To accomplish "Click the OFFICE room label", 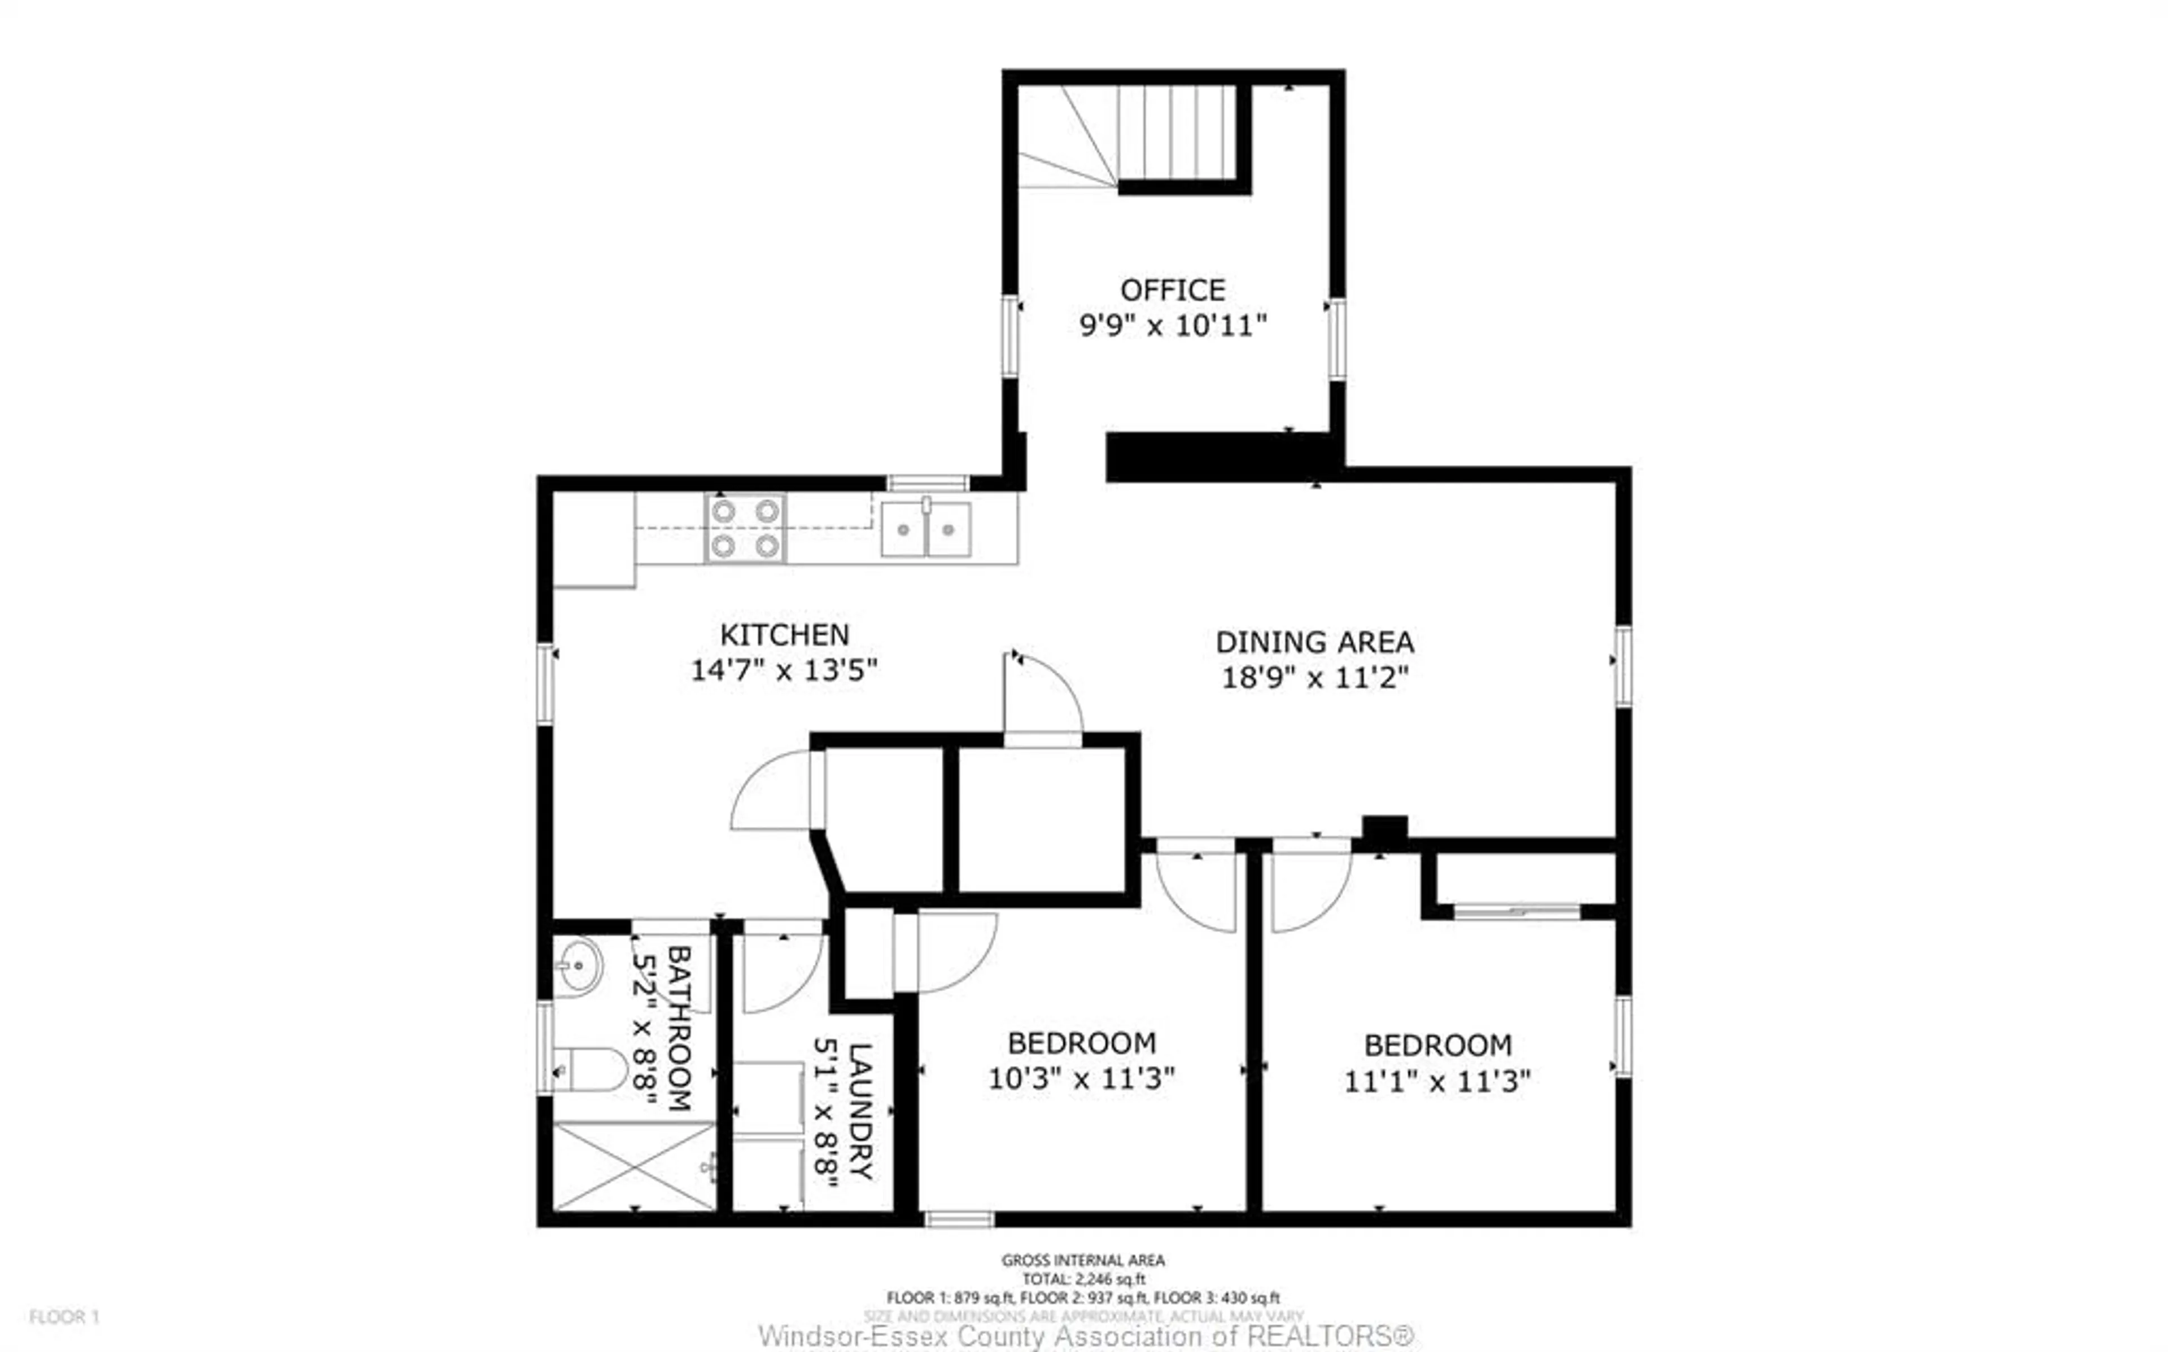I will coord(1173,289).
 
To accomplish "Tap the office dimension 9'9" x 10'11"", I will coord(1173,326).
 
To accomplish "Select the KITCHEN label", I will coord(784,635).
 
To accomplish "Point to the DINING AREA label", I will coord(1314,642).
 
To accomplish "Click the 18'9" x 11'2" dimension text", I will coord(1314,678).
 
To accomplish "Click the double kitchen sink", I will coord(926,529).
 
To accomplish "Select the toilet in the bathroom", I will coord(592,1069).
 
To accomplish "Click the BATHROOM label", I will coord(678,1028).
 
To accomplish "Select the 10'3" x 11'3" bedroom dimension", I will coord(1081,1078).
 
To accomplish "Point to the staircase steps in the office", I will coord(1176,133).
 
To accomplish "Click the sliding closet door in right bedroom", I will coord(1517,912).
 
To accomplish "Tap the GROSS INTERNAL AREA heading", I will coord(1082,1260).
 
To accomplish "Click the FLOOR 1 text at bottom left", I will coord(64,1316).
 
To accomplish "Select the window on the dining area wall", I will coord(1623,666).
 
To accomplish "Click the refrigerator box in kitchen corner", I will coord(594,539).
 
